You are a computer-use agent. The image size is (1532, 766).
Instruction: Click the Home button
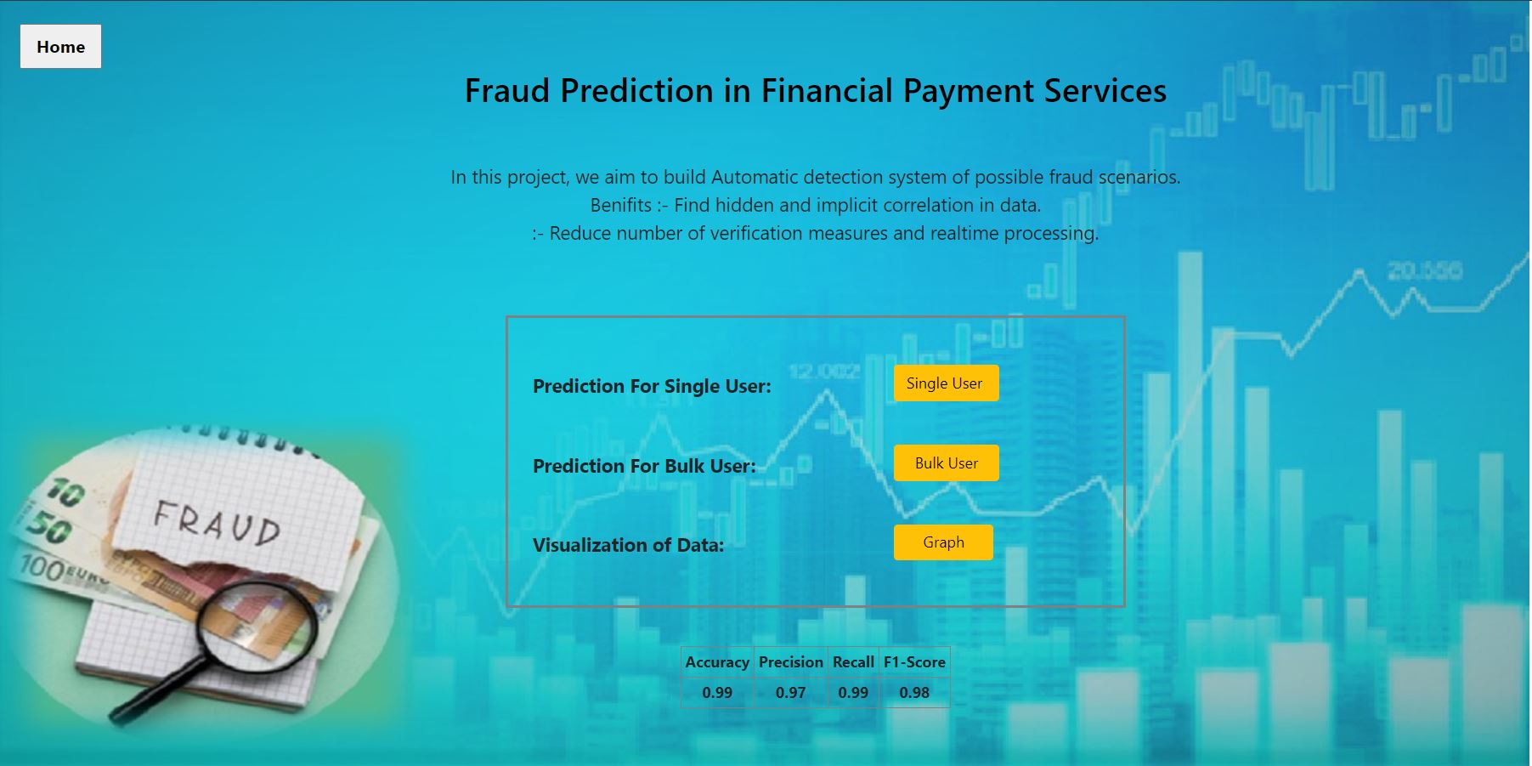tap(60, 47)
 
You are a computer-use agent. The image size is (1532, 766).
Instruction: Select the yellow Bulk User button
tap(946, 463)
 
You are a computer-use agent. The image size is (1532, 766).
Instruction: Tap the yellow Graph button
tap(943, 542)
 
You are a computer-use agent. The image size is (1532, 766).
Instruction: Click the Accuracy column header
tap(717, 662)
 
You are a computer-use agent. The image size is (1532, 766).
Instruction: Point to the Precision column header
tap(790, 662)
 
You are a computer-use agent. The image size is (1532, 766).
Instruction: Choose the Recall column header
tap(853, 662)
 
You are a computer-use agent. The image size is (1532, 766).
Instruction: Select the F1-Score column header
tap(914, 662)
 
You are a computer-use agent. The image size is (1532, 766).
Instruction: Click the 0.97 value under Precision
tap(790, 693)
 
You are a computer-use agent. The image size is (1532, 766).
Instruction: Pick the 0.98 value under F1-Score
tap(914, 693)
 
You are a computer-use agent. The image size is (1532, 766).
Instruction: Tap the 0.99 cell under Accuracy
tap(717, 693)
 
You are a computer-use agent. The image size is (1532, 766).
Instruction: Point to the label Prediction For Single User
tap(652, 387)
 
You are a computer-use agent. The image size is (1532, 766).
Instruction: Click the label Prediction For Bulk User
tap(644, 467)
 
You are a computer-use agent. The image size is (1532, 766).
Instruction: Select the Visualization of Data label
tap(628, 546)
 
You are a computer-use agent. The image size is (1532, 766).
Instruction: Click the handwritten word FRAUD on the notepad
tap(217, 521)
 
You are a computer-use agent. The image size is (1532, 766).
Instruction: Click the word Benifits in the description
tap(620, 206)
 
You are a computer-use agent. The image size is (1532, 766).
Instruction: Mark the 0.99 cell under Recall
tap(853, 693)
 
